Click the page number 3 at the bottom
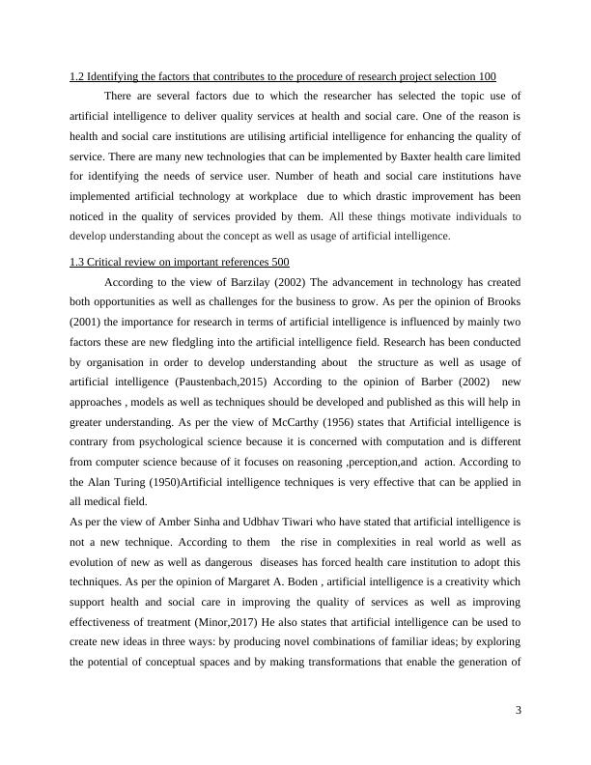(x=518, y=711)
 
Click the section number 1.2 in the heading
(x=77, y=76)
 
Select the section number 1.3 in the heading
(x=77, y=262)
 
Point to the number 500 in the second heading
(x=278, y=262)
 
